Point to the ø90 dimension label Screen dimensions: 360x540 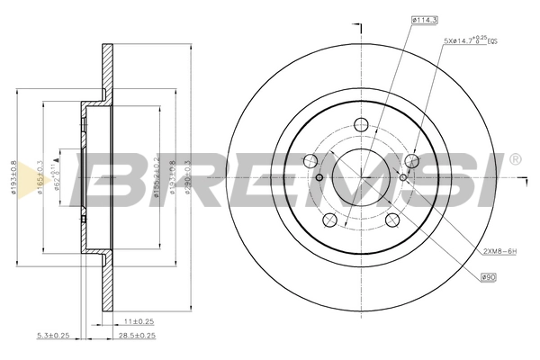(x=489, y=277)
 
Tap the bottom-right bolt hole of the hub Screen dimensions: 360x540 (x=392, y=220)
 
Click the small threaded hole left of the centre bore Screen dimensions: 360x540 (x=319, y=178)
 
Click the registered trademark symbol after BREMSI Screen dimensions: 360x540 (x=514, y=159)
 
